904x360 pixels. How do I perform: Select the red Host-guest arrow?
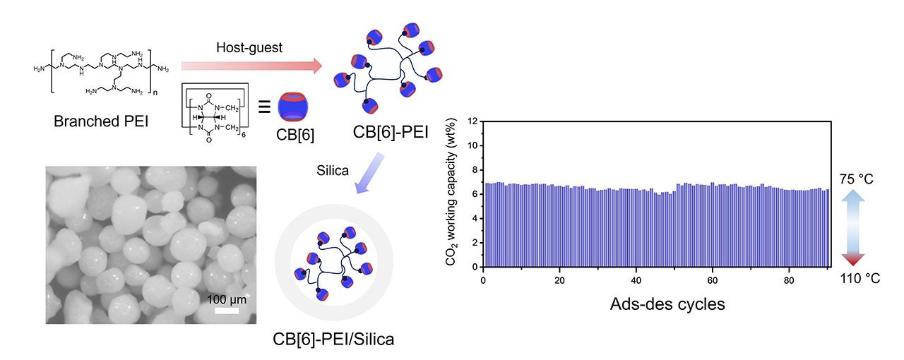coord(251,66)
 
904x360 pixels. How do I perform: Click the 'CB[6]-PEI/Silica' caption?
coord(333,339)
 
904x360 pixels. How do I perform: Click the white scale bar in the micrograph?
coord(227,310)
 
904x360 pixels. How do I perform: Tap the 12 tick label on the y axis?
coord(472,121)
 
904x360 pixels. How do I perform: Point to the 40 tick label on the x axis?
coord(636,280)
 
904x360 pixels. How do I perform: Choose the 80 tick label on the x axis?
coord(790,280)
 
